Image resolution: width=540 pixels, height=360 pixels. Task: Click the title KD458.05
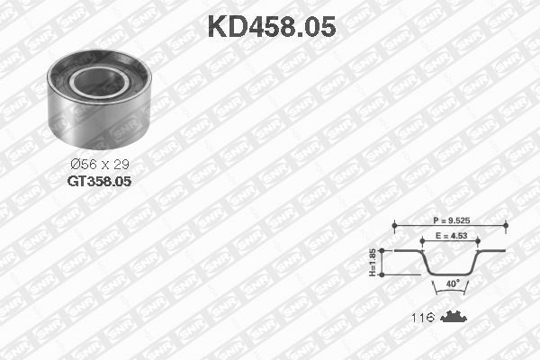click(272, 27)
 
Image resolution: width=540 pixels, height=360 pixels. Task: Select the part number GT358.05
click(99, 180)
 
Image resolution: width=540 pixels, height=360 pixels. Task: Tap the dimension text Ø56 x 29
click(99, 165)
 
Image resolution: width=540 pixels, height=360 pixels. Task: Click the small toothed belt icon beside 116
click(454, 318)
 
